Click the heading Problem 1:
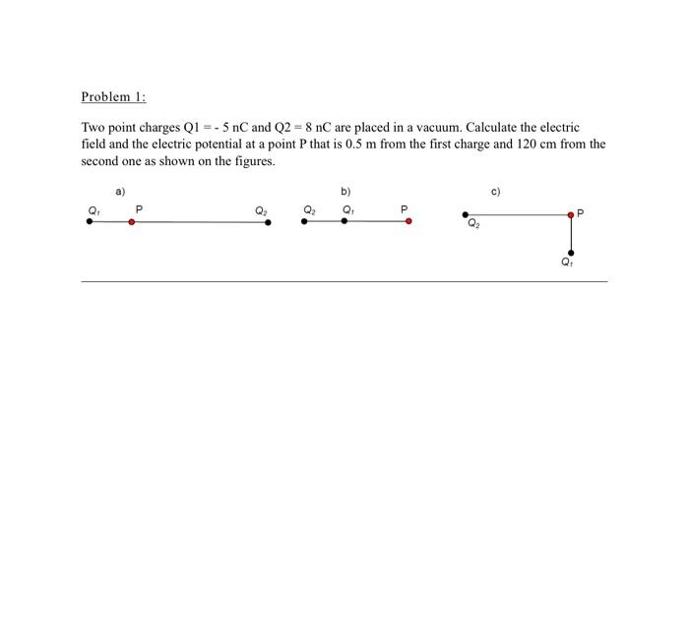point(113,96)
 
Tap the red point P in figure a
point(132,222)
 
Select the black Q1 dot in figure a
point(90,222)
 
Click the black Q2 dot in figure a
point(268,222)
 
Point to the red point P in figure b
point(408,221)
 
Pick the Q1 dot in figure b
point(344,221)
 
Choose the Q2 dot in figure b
point(304,221)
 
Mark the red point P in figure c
point(571,213)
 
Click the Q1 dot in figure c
point(571,253)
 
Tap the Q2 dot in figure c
point(466,213)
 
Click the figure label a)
point(120,191)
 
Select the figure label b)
point(345,191)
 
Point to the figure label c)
point(495,191)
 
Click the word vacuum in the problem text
point(438,128)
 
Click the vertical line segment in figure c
point(571,234)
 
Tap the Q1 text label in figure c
point(567,262)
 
